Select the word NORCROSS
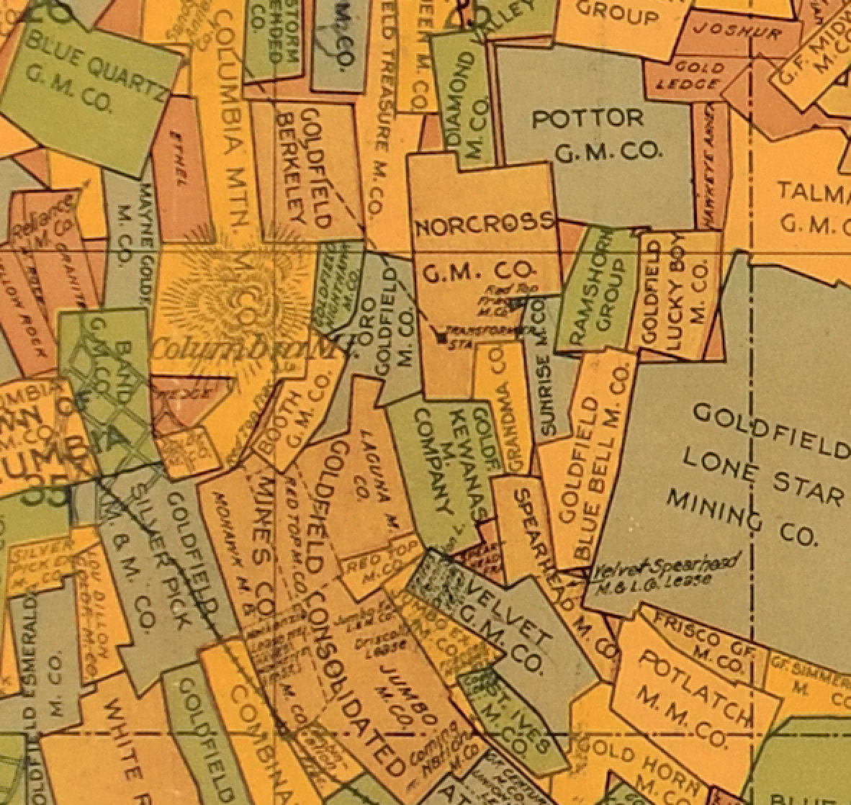(485, 226)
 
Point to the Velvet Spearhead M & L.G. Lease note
(666, 574)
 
